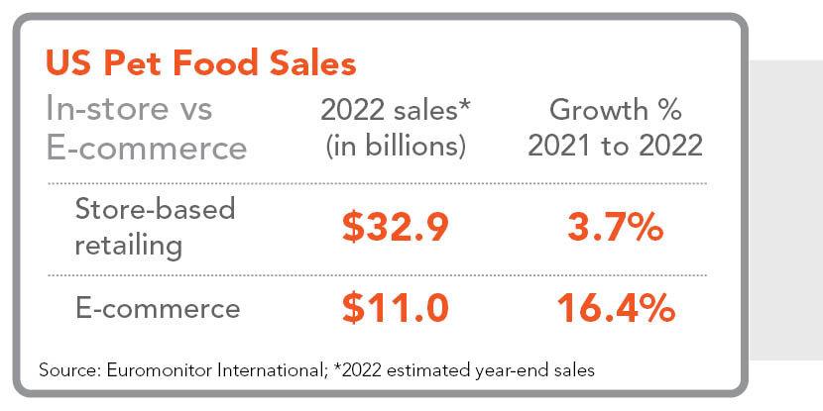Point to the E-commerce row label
point(158,308)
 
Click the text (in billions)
point(395,147)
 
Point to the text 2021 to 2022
point(615,147)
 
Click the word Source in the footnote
point(64,371)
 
